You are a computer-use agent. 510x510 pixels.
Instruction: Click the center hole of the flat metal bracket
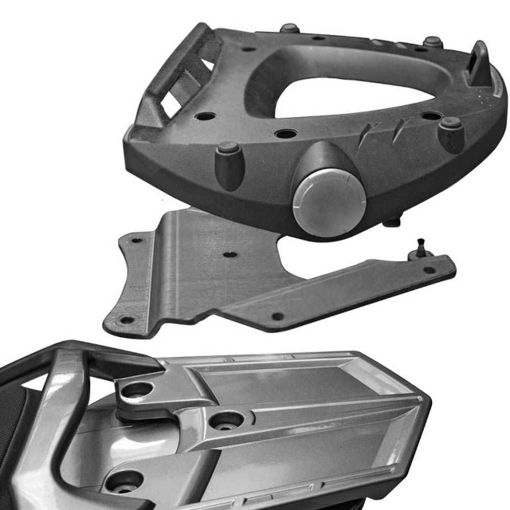point(229,257)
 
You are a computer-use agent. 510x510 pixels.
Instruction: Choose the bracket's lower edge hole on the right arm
point(278,316)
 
